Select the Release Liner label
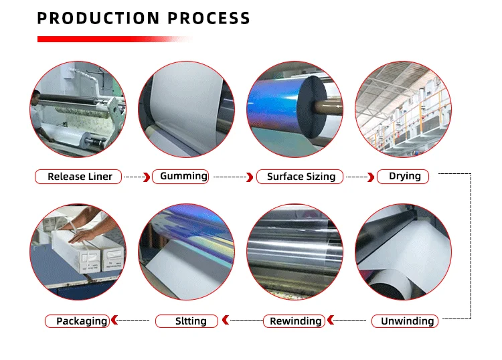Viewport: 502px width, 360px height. tap(79, 177)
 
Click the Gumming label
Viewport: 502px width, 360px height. tap(182, 176)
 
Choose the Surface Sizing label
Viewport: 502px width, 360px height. tap(301, 177)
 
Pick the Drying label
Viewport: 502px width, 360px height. tap(405, 176)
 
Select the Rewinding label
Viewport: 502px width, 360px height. tap(295, 321)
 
